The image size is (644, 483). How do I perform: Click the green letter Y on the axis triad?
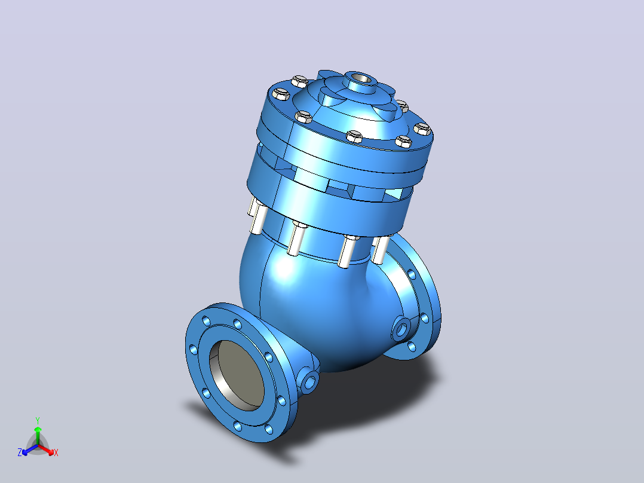[x=38, y=420]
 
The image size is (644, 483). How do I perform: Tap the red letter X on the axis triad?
[x=56, y=453]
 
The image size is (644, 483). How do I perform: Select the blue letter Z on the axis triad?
[x=20, y=452]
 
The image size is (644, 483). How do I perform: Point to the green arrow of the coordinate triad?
[x=38, y=435]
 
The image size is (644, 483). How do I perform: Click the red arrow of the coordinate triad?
[x=46, y=449]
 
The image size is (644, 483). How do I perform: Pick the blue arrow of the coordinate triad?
[x=30, y=450]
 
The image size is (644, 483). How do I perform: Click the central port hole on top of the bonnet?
[x=360, y=78]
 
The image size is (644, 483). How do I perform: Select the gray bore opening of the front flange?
[x=241, y=375]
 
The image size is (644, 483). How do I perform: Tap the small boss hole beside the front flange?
[x=309, y=381]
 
